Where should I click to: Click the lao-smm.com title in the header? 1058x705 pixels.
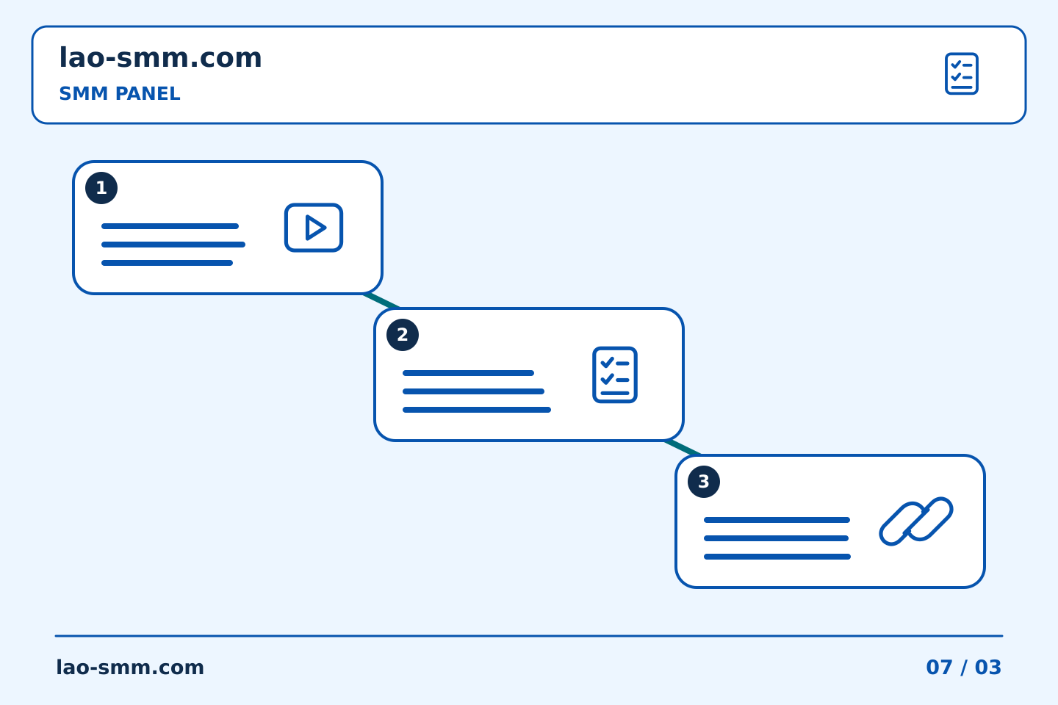click(160, 57)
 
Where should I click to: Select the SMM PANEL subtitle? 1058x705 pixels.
click(120, 93)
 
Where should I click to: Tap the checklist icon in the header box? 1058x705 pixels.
click(961, 73)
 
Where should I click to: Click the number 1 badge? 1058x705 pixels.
click(101, 188)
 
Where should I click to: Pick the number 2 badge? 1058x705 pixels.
click(403, 335)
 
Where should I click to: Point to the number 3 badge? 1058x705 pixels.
click(704, 482)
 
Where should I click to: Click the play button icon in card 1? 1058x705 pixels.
click(314, 228)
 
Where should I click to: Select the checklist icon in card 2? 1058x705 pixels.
click(615, 375)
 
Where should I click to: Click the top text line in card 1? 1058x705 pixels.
click(170, 226)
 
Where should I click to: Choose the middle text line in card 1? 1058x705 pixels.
click(173, 245)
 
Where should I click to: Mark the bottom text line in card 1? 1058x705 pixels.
click(168, 263)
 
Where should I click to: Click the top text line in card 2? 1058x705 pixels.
click(468, 373)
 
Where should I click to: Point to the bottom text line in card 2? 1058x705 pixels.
click(477, 410)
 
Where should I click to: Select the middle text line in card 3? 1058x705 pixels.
click(776, 538)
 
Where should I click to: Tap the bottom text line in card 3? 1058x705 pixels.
click(777, 557)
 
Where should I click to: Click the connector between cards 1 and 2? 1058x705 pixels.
click(381, 301)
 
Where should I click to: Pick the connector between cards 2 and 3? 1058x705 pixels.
click(683, 448)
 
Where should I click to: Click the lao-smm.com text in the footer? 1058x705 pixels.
click(130, 668)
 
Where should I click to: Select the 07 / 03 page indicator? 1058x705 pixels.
click(963, 668)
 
